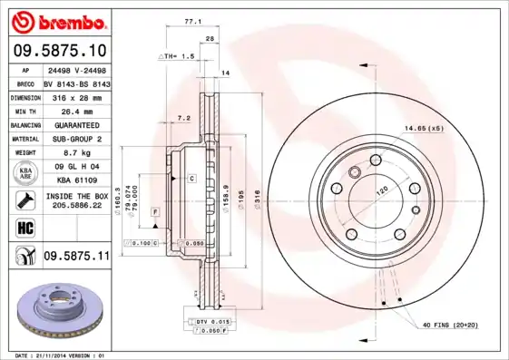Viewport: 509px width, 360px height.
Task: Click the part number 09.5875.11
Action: [x=76, y=258]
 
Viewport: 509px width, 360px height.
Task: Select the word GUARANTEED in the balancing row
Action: [x=75, y=124]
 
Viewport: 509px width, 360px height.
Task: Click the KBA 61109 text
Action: [x=75, y=181]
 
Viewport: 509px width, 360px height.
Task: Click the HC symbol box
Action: [x=23, y=227]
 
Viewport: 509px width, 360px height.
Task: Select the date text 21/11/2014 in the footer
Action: [x=60, y=355]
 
